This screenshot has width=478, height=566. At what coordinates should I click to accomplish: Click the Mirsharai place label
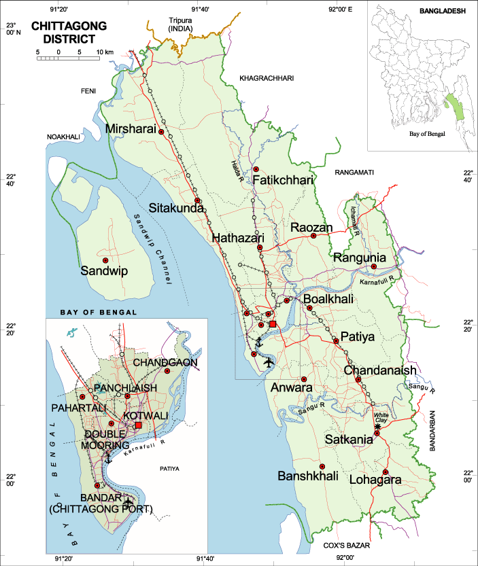pyautogui.click(x=131, y=128)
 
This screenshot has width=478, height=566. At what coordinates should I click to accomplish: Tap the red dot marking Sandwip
pyautogui.click(x=105, y=260)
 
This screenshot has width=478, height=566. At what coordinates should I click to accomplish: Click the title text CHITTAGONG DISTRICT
pyautogui.click(x=69, y=33)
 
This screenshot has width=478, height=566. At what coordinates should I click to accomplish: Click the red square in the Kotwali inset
pyautogui.click(x=139, y=425)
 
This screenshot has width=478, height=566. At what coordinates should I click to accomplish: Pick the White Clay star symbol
pyautogui.click(x=378, y=426)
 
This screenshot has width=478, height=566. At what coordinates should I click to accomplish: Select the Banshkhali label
pyautogui.click(x=308, y=477)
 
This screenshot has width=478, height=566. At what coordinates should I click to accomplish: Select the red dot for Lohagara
pyautogui.click(x=385, y=472)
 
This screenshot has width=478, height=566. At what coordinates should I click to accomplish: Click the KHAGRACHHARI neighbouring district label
pyautogui.click(x=267, y=79)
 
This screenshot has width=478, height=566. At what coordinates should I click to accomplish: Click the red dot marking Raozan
pyautogui.click(x=313, y=236)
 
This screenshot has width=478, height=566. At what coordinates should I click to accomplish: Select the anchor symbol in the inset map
pyautogui.click(x=107, y=459)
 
